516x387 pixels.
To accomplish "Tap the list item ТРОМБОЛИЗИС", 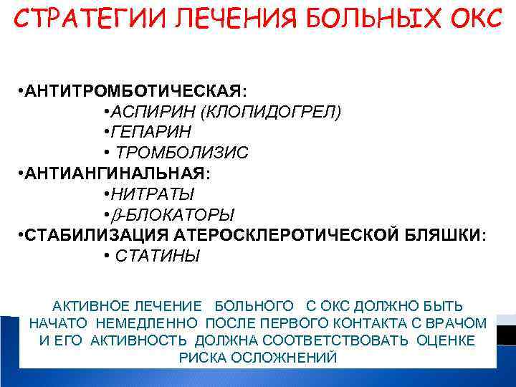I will [x=182, y=153].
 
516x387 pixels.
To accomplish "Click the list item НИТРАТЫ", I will [x=150, y=194].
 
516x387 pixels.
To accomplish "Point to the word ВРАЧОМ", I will [x=459, y=322].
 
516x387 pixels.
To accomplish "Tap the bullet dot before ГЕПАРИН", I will [x=105, y=133].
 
